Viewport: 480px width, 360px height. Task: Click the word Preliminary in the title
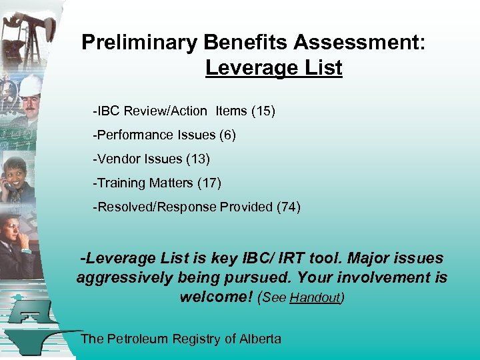[139, 43]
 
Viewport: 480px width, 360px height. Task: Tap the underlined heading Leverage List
[273, 68]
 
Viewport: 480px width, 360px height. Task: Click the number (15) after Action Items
[263, 111]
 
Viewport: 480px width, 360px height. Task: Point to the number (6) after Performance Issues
[227, 135]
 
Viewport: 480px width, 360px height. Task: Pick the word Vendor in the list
[116, 159]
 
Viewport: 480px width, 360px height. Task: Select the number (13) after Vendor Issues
[198, 159]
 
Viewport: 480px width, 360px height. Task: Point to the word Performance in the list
[133, 135]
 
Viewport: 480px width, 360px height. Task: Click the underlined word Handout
[315, 299]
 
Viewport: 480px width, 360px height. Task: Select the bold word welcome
[215, 297]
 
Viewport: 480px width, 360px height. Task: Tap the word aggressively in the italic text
[124, 277]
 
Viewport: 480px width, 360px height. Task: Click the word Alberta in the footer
[261, 339]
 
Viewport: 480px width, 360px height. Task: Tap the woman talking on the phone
[17, 177]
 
